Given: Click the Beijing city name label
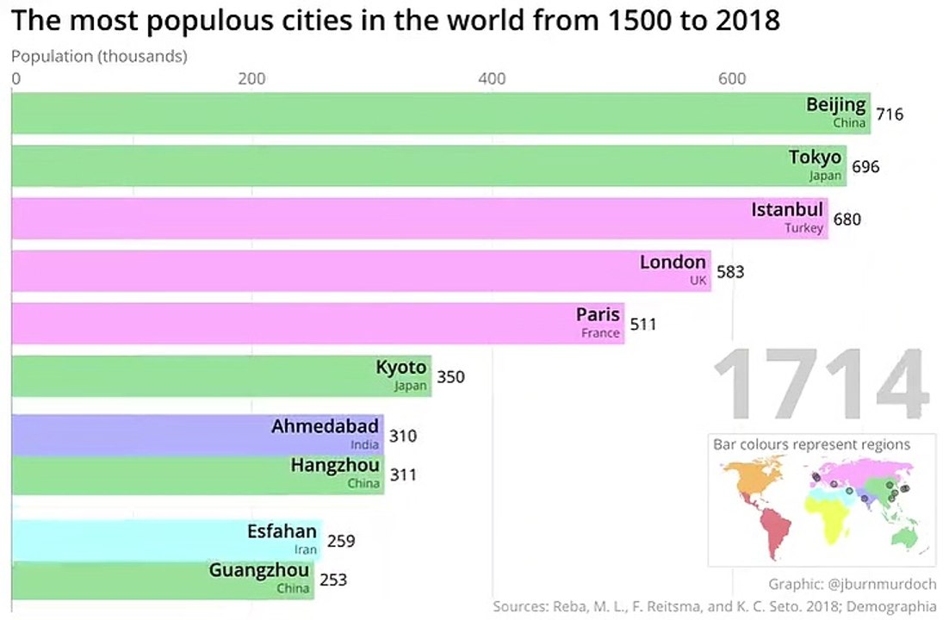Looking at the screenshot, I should (x=835, y=105).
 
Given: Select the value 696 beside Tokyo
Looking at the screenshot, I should (x=865, y=166).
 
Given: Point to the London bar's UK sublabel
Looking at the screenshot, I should (x=698, y=281).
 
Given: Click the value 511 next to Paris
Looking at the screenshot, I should (x=643, y=325).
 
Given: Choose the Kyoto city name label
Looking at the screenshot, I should (x=400, y=368).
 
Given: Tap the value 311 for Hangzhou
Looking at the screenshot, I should (x=403, y=474).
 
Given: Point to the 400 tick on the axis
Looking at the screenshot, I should (x=492, y=79).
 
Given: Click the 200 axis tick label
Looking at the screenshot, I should (x=251, y=79).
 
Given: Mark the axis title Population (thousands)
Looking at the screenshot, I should (x=99, y=57).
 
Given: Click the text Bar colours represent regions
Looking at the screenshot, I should (x=811, y=444).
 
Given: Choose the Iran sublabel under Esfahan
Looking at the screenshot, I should (x=306, y=549).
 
